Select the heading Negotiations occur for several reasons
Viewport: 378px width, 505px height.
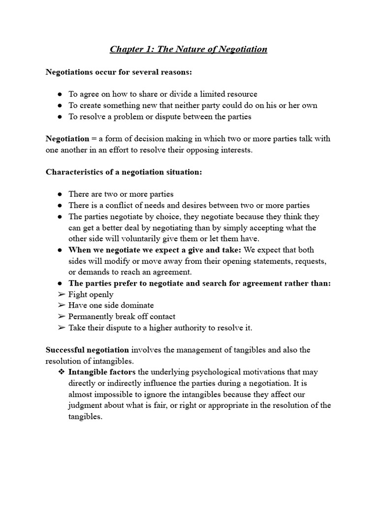pos(119,72)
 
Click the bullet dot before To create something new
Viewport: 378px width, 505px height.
pos(60,106)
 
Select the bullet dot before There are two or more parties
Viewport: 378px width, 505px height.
pos(60,194)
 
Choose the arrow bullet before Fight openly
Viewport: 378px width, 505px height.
pos(61,294)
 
